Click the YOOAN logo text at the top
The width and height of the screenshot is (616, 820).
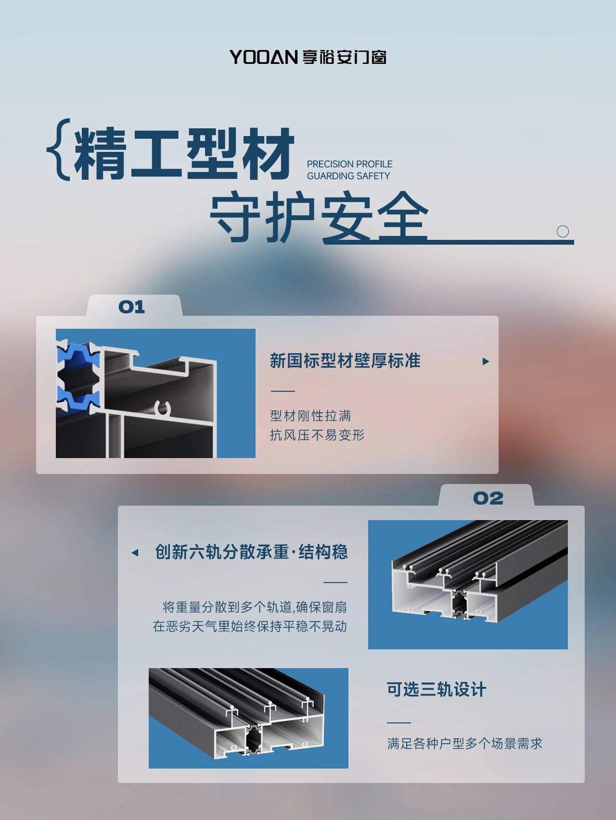pyautogui.click(x=264, y=57)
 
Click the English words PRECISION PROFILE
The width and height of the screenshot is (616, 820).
pyautogui.click(x=350, y=164)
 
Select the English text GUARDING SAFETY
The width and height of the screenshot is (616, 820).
pyautogui.click(x=348, y=176)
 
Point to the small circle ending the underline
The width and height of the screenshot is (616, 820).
pyautogui.click(x=563, y=231)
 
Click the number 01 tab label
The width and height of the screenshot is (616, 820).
pyautogui.click(x=132, y=307)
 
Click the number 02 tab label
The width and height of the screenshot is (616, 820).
pyautogui.click(x=488, y=498)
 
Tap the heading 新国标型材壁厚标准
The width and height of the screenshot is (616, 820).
pyautogui.click(x=345, y=360)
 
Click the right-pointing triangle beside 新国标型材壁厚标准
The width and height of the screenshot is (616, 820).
pyautogui.click(x=486, y=361)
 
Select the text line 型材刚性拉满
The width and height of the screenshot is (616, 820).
pyautogui.click(x=310, y=416)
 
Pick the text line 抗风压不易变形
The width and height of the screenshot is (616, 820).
pyautogui.click(x=317, y=435)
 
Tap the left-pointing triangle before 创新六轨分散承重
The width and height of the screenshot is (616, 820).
pyautogui.click(x=135, y=553)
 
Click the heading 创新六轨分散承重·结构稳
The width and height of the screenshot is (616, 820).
pyautogui.click(x=251, y=552)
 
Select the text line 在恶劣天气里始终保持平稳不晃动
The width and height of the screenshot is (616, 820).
pyautogui.click(x=250, y=626)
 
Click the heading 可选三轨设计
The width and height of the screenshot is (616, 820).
pyautogui.click(x=436, y=690)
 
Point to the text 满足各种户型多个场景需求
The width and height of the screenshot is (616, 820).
pyautogui.click(x=465, y=744)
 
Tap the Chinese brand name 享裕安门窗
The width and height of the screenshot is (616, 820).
pyautogui.click(x=345, y=57)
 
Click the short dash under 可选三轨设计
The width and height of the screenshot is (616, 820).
pyautogui.click(x=399, y=722)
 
